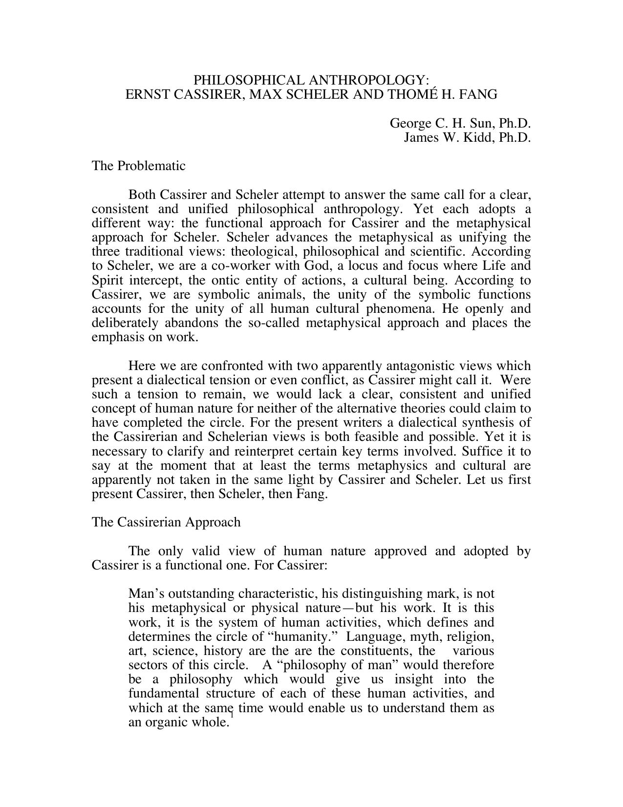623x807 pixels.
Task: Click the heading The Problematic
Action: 138,166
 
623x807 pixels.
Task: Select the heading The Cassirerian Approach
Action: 166,522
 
